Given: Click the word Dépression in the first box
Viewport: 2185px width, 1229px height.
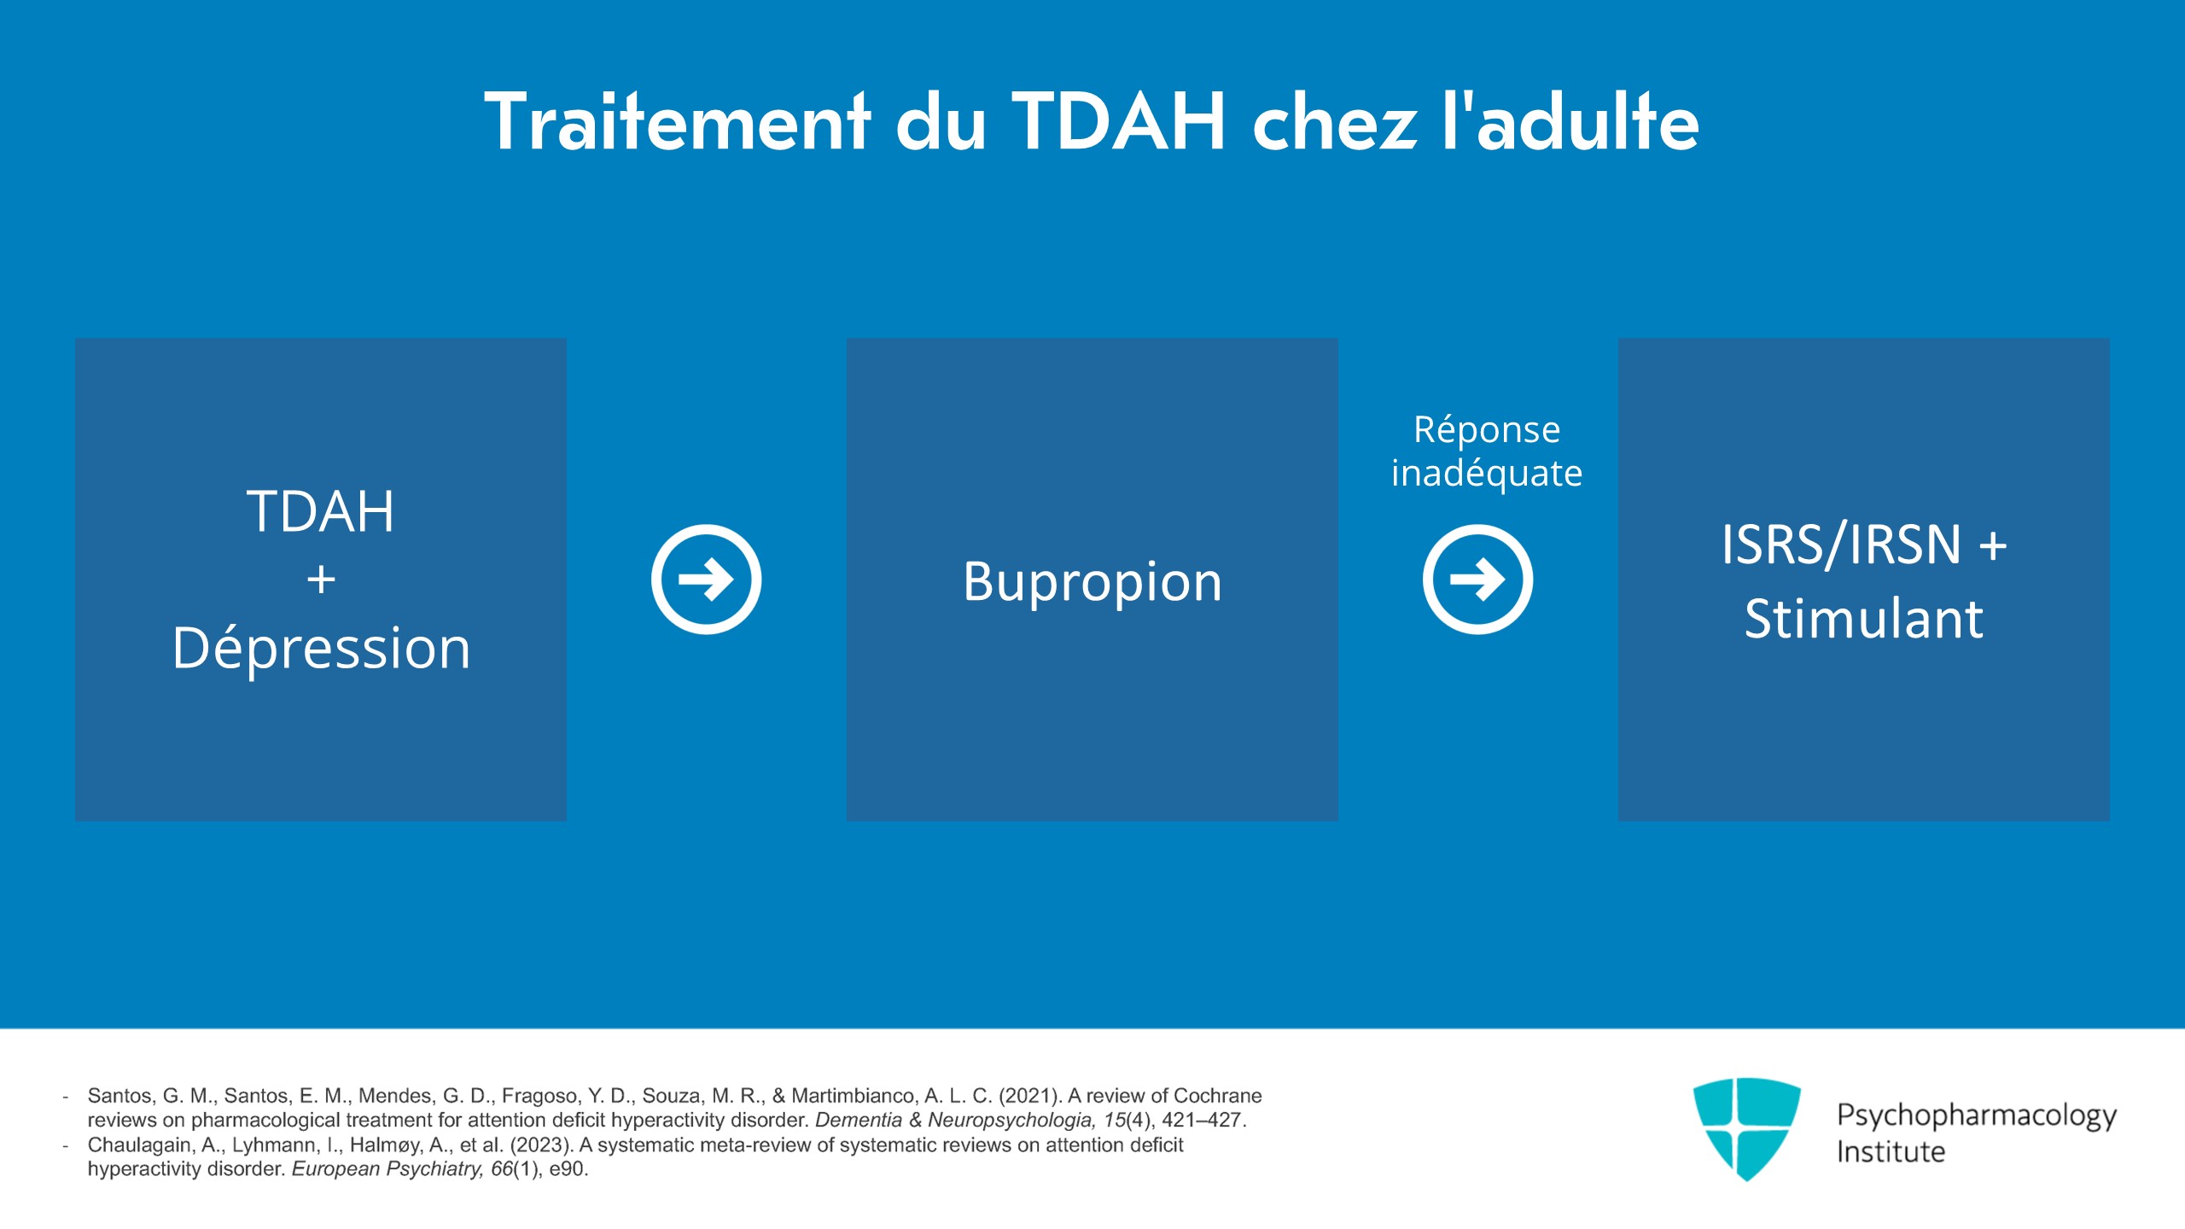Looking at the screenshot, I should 321,648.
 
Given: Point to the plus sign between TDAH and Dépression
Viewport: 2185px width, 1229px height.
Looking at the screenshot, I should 321,580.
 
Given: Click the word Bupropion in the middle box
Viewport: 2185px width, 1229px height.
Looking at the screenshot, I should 1092,582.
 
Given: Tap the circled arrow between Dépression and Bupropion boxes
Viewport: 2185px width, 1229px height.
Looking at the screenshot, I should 706,580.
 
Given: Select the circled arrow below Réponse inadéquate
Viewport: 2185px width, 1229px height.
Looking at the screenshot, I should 1477,580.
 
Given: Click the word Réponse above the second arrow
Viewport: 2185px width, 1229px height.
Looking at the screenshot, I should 1486,429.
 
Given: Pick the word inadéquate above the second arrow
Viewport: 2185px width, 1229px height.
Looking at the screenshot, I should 1486,473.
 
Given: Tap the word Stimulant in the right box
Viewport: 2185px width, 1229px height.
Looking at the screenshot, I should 1863,618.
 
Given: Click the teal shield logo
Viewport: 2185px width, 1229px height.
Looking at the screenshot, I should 1746,1127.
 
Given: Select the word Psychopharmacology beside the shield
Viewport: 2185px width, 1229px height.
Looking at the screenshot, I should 1976,1115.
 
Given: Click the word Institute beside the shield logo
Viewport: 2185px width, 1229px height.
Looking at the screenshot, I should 1891,1152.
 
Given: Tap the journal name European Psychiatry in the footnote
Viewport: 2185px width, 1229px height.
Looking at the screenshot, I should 389,1169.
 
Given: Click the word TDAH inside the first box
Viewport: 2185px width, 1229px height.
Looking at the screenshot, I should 321,512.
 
